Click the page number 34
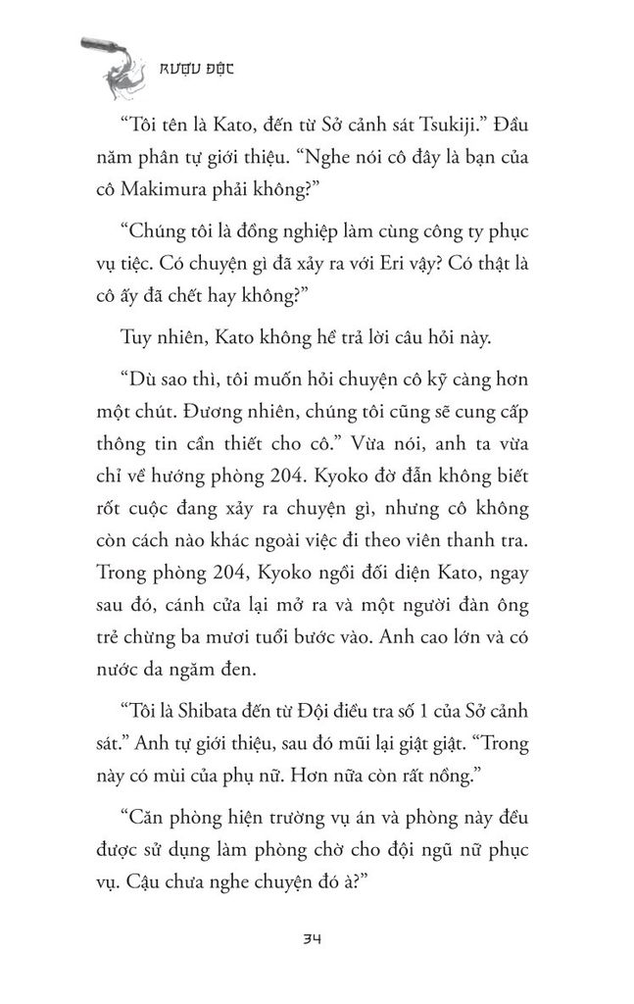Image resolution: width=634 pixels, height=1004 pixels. [x=316, y=938]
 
